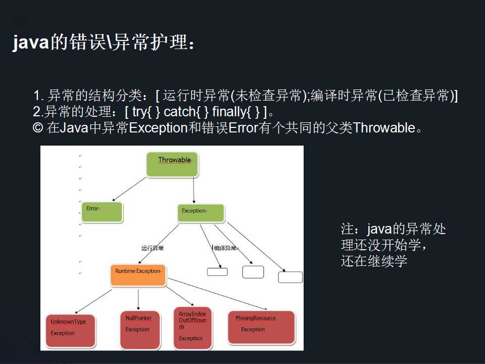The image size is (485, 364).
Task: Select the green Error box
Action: pyautogui.click(x=102, y=212)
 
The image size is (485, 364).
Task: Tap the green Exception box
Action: pyautogui.click(x=201, y=212)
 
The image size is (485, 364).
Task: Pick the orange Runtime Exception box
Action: pyautogui.click(x=138, y=275)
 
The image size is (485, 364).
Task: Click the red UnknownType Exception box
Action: pyautogui.click(x=72, y=329)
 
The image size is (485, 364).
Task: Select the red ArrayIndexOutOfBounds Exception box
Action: pyautogui.click(x=192, y=328)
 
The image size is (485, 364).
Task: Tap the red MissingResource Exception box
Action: pyautogui.click(x=261, y=327)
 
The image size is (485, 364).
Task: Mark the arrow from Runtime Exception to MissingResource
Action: pyautogui.click(x=217, y=294)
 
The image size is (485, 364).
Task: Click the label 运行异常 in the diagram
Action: pyautogui.click(x=153, y=248)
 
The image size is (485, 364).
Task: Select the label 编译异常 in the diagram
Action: pyautogui.click(x=225, y=248)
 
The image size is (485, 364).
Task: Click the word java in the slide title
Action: pyautogui.click(x=30, y=43)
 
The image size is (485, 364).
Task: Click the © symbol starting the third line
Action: pyautogui.click(x=37, y=127)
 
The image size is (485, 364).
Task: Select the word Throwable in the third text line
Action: pyautogui.click(x=384, y=127)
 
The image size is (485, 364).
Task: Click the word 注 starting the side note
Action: pyautogui.click(x=347, y=230)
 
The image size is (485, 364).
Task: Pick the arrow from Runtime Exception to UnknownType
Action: pyautogui.click(x=95, y=298)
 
